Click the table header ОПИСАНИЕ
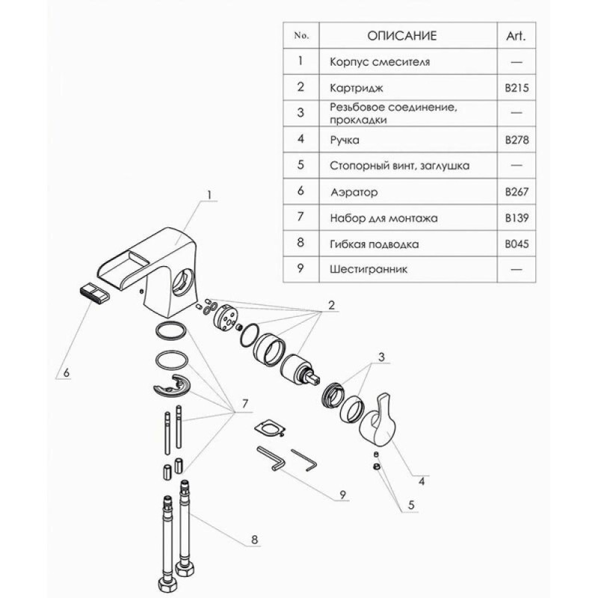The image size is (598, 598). [x=401, y=36]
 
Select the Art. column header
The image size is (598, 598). [x=516, y=36]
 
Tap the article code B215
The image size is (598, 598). [x=517, y=88]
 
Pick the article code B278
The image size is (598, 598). [x=517, y=140]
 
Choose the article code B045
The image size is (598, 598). [x=517, y=244]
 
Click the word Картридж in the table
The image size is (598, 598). [x=357, y=88]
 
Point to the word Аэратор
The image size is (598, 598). [x=354, y=192]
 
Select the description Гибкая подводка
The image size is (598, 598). [x=374, y=244]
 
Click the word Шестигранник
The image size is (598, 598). [x=369, y=270]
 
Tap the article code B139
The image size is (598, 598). [x=517, y=218]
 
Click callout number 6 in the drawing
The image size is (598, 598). [x=67, y=372]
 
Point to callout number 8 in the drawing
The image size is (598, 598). [x=254, y=540]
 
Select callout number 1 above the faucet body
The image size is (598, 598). [x=209, y=195]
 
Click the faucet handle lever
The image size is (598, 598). [x=377, y=419]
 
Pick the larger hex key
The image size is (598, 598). [x=271, y=459]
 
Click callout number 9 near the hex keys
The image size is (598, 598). [x=342, y=495]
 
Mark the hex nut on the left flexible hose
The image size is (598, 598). [x=167, y=584]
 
